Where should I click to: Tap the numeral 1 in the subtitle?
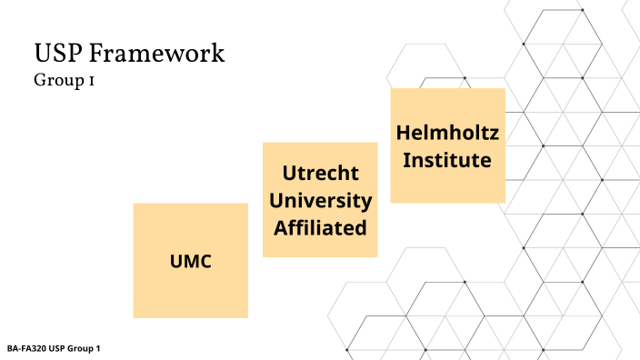pos(93,80)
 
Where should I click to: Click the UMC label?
pos(190,262)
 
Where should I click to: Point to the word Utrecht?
pos(320,174)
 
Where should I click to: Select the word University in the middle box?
pos(320,200)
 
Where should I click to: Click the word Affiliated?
pos(320,227)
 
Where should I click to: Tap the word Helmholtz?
pos(447,133)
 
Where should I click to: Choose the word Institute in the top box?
pos(447,160)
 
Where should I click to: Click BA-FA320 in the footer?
pos(26,349)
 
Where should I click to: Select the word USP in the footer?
pos(57,349)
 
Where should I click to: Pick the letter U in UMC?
pos(176,262)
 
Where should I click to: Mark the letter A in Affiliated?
pos(280,227)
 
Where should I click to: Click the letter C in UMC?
pos(205,262)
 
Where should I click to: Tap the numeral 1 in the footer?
pos(97,349)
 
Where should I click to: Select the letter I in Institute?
pos(407,160)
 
